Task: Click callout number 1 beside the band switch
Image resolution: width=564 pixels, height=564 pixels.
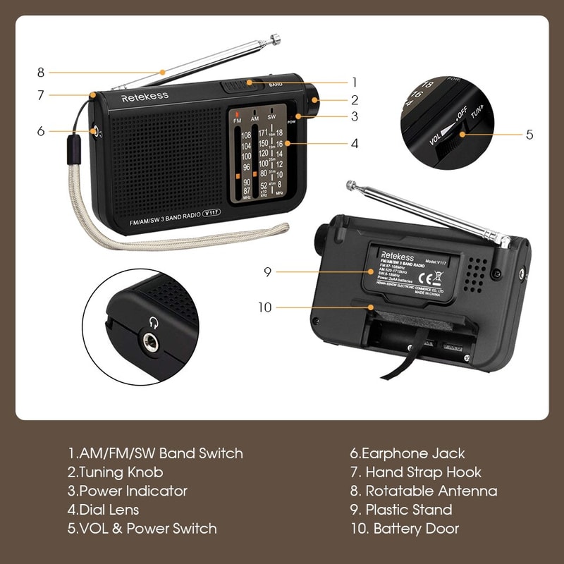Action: (x=355, y=82)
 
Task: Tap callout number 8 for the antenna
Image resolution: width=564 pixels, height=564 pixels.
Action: (x=41, y=72)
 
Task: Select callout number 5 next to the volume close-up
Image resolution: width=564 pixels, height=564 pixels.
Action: (x=529, y=133)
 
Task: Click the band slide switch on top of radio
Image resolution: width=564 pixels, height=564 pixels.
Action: (x=240, y=86)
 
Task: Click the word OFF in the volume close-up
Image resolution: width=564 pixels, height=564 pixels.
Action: (x=462, y=113)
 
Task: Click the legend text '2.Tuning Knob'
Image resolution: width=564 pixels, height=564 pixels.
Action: (x=116, y=472)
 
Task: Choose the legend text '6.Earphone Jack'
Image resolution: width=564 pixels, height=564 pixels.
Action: (x=407, y=454)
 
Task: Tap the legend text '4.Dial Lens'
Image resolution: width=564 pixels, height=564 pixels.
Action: (x=104, y=510)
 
